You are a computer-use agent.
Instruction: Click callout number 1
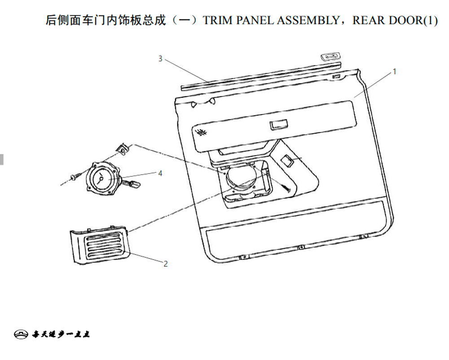394,71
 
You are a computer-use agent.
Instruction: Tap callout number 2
166,263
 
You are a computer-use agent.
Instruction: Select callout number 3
160,59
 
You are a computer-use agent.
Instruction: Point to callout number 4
160,173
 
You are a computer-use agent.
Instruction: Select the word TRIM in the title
218,20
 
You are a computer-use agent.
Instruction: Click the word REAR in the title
368,20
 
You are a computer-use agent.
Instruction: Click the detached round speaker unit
102,179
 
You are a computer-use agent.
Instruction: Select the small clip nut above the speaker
122,149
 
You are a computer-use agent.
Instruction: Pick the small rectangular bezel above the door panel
330,57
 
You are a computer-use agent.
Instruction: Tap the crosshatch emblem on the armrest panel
201,133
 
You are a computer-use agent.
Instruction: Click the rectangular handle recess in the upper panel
279,125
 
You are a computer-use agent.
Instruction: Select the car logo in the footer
21,334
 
